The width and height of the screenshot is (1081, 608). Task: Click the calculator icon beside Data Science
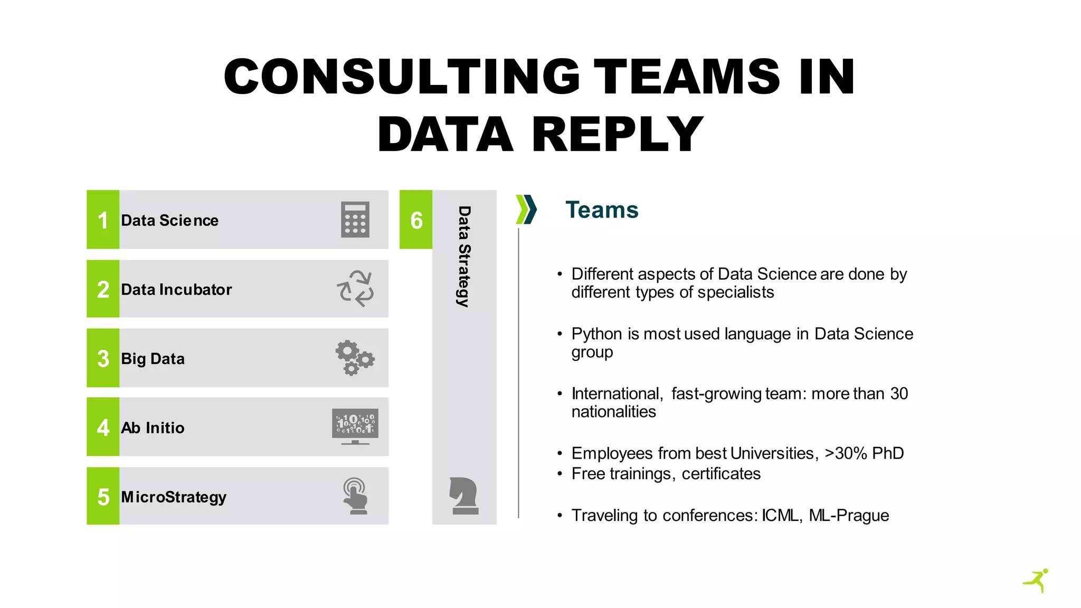pos(355,220)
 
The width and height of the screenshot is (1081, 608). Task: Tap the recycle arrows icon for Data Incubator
pos(355,289)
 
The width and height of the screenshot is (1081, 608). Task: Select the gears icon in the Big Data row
pos(355,358)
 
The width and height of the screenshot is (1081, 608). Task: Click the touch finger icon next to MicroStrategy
pos(355,496)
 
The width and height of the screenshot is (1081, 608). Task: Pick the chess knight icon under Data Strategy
pos(464,496)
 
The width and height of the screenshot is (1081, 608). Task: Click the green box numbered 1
pos(103,220)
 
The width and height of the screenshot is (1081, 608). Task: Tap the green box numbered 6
pos(416,220)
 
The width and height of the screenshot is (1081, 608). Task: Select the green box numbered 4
pos(103,427)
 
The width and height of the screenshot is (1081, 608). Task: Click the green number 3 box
pos(103,358)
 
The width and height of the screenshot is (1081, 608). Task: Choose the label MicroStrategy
pos(174,497)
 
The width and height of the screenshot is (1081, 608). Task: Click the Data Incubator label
pos(176,289)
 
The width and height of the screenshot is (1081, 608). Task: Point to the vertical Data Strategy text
pos(463,256)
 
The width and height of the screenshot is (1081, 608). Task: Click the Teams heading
pos(602,210)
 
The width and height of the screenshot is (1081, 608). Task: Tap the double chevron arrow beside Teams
pos(526,210)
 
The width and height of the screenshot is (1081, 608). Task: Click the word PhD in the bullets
pos(888,453)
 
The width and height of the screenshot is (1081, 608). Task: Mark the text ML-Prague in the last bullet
pos(849,515)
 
